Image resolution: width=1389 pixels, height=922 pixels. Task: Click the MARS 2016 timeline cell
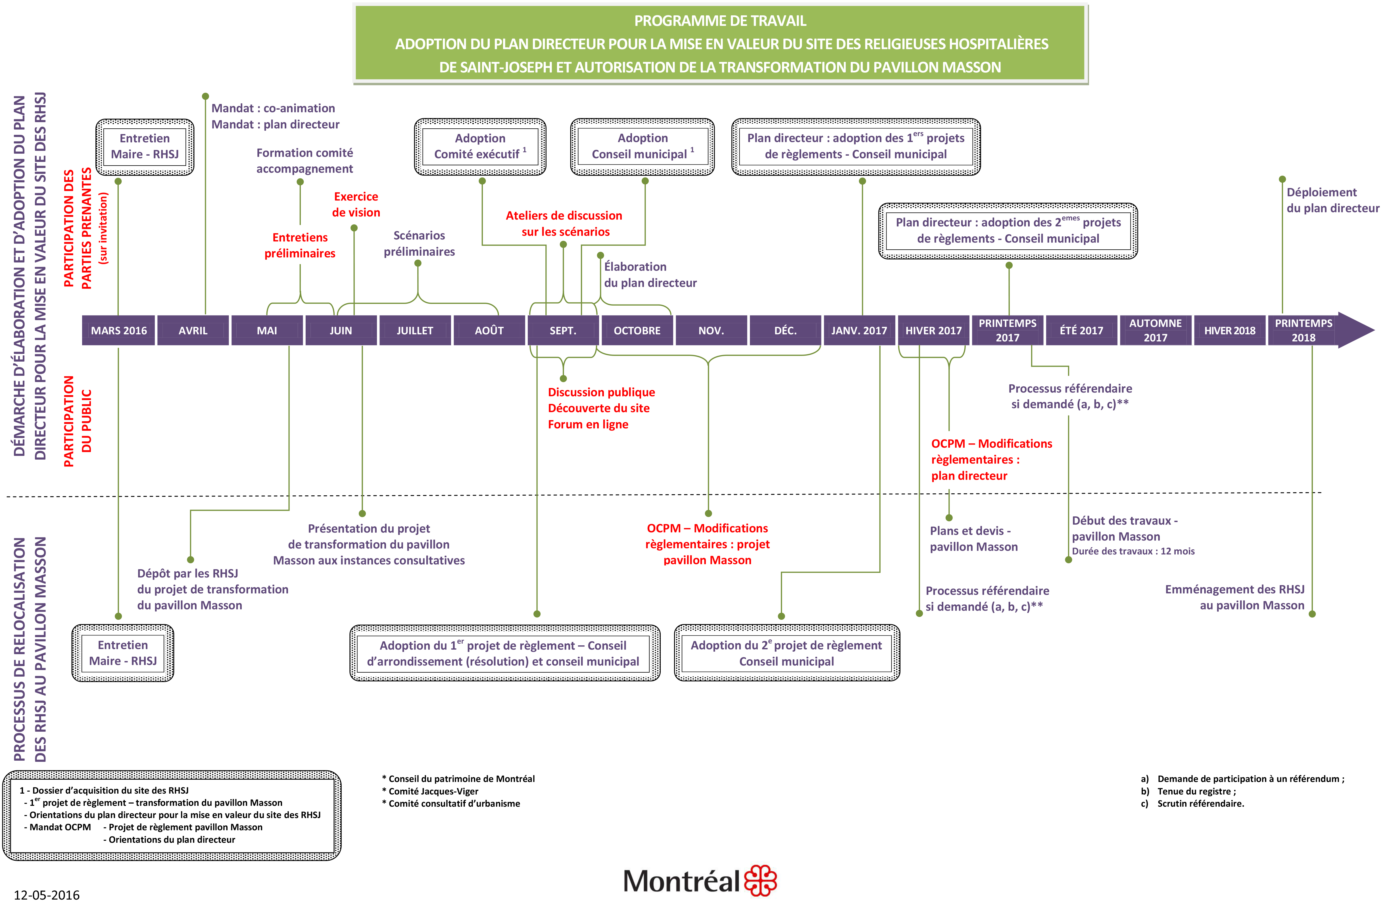pos(119,330)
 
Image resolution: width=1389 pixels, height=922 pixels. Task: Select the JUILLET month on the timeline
pos(415,330)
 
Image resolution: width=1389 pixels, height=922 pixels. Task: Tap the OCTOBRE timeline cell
pos(637,330)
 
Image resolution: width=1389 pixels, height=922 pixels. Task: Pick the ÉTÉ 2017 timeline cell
pos(1081,330)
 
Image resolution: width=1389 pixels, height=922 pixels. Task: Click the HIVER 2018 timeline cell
pos(1230,330)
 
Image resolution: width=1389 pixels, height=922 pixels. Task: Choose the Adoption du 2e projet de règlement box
pos(787,653)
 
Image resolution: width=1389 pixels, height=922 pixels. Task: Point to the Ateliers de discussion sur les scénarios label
pos(564,224)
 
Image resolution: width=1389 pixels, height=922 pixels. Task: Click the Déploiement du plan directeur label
pos(1332,200)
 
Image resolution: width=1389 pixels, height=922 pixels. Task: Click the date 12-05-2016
pos(47,895)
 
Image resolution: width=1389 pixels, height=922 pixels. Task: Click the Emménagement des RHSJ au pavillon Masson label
pos(1235,597)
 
